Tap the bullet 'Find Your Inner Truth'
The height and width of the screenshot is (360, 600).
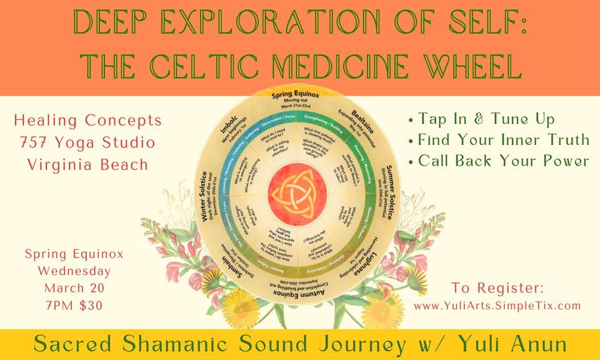(x=497, y=139)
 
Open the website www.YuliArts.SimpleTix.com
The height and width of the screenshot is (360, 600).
(x=497, y=306)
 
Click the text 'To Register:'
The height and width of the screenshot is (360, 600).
(x=497, y=289)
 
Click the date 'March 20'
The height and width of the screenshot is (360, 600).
(x=74, y=288)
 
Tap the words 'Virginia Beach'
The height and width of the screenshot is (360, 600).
(x=88, y=165)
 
